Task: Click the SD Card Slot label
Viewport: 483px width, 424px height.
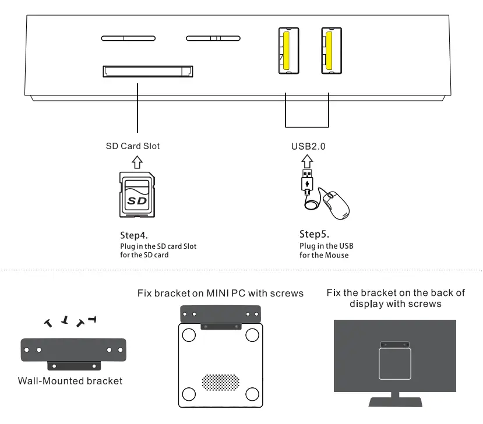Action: click(x=132, y=146)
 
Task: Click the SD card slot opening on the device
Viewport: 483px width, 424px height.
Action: click(x=149, y=71)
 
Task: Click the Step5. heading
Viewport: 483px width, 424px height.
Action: click(x=314, y=234)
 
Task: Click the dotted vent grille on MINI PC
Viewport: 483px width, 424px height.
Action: click(x=220, y=381)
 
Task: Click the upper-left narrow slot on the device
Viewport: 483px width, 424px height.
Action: click(x=124, y=39)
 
